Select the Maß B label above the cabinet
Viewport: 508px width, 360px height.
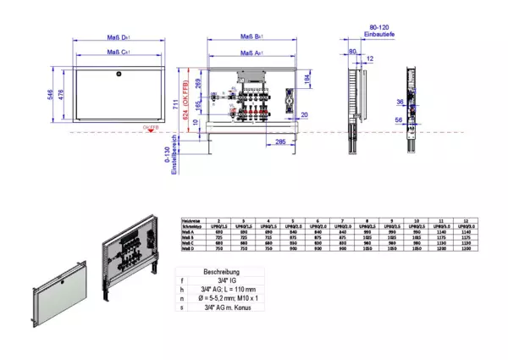pyautogui.click(x=249, y=37)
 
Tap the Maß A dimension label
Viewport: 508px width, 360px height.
pyautogui.click(x=249, y=53)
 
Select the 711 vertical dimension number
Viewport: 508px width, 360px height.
pyautogui.click(x=179, y=104)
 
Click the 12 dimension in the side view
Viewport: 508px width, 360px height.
pyautogui.click(x=371, y=58)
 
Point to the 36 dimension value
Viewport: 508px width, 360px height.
pyautogui.click(x=400, y=102)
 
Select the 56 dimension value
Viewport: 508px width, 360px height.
pyautogui.click(x=400, y=120)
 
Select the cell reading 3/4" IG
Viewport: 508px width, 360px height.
pyautogui.click(x=222, y=280)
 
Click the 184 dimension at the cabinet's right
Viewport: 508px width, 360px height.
pyautogui.click(x=306, y=79)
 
